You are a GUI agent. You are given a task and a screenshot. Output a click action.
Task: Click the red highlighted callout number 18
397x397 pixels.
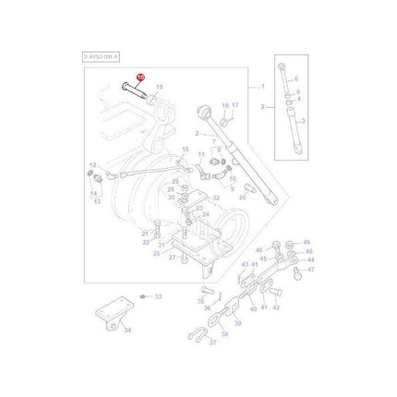(139, 78)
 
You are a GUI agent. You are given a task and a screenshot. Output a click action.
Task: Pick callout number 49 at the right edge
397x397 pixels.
(308, 242)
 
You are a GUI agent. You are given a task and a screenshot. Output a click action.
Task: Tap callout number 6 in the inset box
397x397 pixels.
(297, 80)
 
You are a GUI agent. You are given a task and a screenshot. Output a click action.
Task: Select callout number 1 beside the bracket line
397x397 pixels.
(263, 87)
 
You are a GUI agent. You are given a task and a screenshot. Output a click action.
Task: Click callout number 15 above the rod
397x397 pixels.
(185, 148)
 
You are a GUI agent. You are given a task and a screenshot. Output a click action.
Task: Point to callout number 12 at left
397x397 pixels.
(90, 166)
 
